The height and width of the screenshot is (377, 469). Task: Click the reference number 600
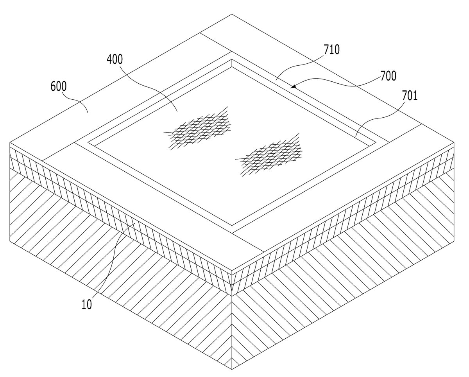coord(58,86)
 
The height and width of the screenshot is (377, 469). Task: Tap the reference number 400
coord(115,59)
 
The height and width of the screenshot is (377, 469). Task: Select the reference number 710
coord(331,50)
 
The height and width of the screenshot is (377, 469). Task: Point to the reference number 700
coord(388,76)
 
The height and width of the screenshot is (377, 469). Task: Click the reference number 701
coord(410,96)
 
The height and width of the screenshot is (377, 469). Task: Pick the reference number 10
coord(86,304)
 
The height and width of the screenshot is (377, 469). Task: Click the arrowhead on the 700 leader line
coord(293,86)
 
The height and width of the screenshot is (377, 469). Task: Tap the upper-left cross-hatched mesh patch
coord(198,128)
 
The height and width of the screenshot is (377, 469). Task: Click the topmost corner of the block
coord(232,14)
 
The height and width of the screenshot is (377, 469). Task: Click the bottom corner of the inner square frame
coord(232,226)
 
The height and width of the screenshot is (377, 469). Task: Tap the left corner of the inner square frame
coord(88,143)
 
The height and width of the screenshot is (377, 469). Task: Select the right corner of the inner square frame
coord(376,142)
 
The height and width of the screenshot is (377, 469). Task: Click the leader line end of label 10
coord(135,223)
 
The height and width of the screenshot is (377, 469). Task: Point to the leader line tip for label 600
coord(88,113)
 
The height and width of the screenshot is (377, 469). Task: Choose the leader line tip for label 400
coord(177,111)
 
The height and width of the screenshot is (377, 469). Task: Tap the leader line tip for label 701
coord(356,136)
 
